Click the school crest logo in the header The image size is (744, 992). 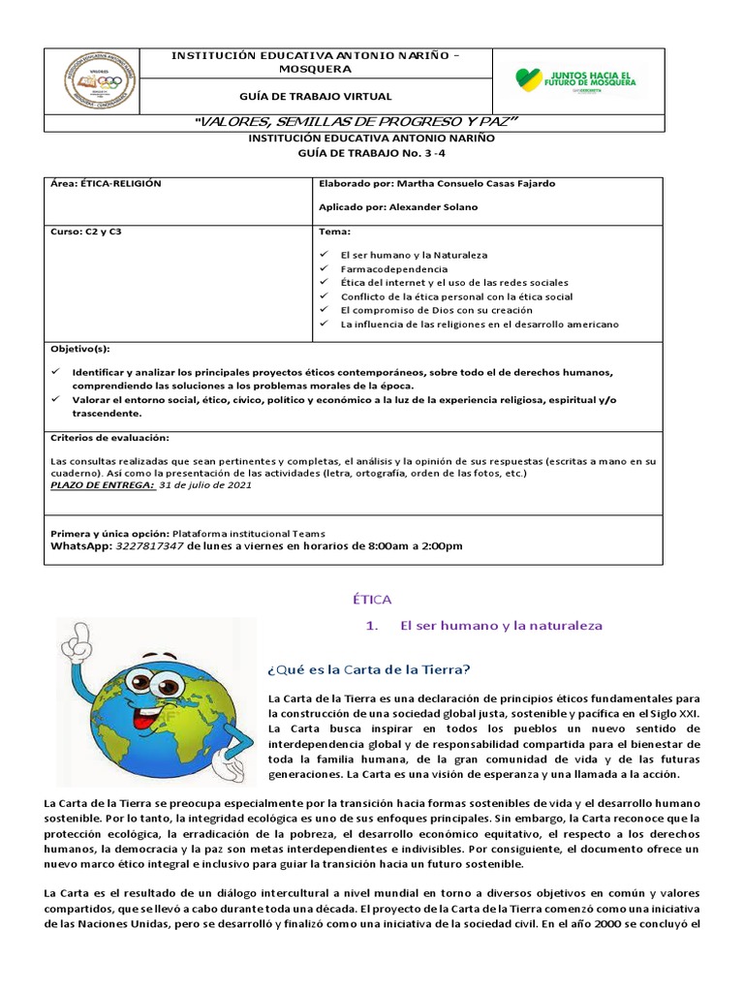100,78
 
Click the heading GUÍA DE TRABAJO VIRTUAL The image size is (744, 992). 316,96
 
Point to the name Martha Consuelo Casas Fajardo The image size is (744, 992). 476,183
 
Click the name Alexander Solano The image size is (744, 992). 433,207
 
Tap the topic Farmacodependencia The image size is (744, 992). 393,268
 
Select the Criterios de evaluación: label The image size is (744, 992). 108,438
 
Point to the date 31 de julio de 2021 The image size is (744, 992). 204,485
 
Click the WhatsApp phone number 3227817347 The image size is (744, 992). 149,545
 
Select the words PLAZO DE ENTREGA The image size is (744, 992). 102,485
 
